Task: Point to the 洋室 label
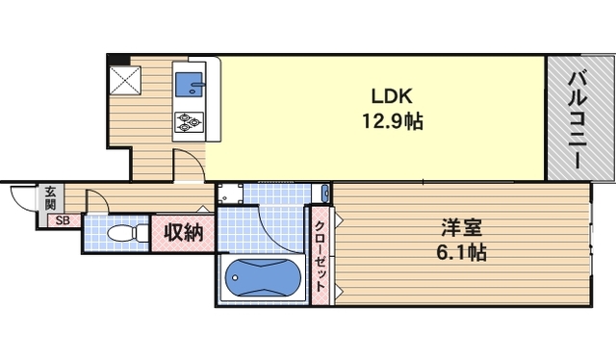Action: coord(462,230)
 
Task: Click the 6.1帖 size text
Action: coord(462,254)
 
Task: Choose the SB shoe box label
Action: coord(62,220)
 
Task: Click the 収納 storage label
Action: coord(182,232)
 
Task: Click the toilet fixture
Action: coord(124,233)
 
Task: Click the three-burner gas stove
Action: coord(189,121)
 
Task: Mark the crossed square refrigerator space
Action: coord(125,79)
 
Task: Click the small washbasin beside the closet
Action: coord(325,194)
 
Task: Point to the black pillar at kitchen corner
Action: coord(113,59)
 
